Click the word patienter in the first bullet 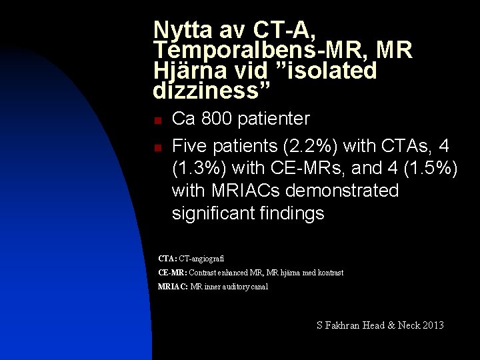pos(277,119)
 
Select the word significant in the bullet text pos(212,214)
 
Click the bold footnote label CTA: pos(167,258)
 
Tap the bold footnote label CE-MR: pos(172,273)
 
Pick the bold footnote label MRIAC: pos(173,287)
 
